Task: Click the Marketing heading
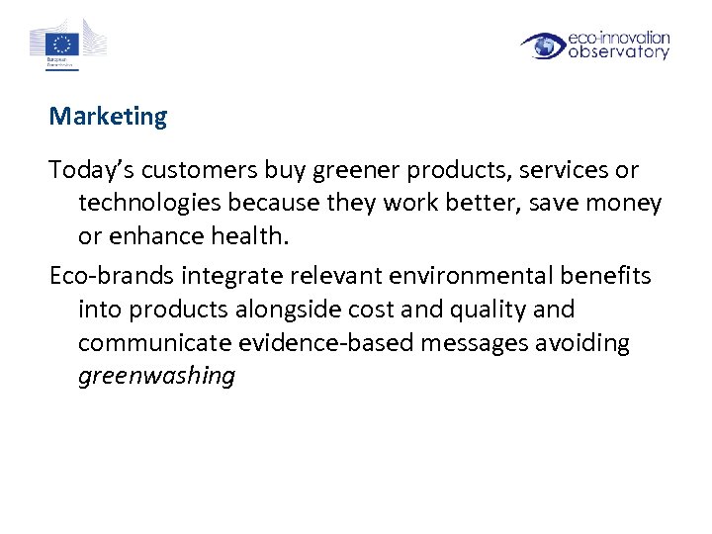[x=109, y=117]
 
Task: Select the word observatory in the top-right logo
[x=619, y=53]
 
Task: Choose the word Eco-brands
[x=111, y=275]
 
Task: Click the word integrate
[x=229, y=275]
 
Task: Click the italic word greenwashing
[x=156, y=377]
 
